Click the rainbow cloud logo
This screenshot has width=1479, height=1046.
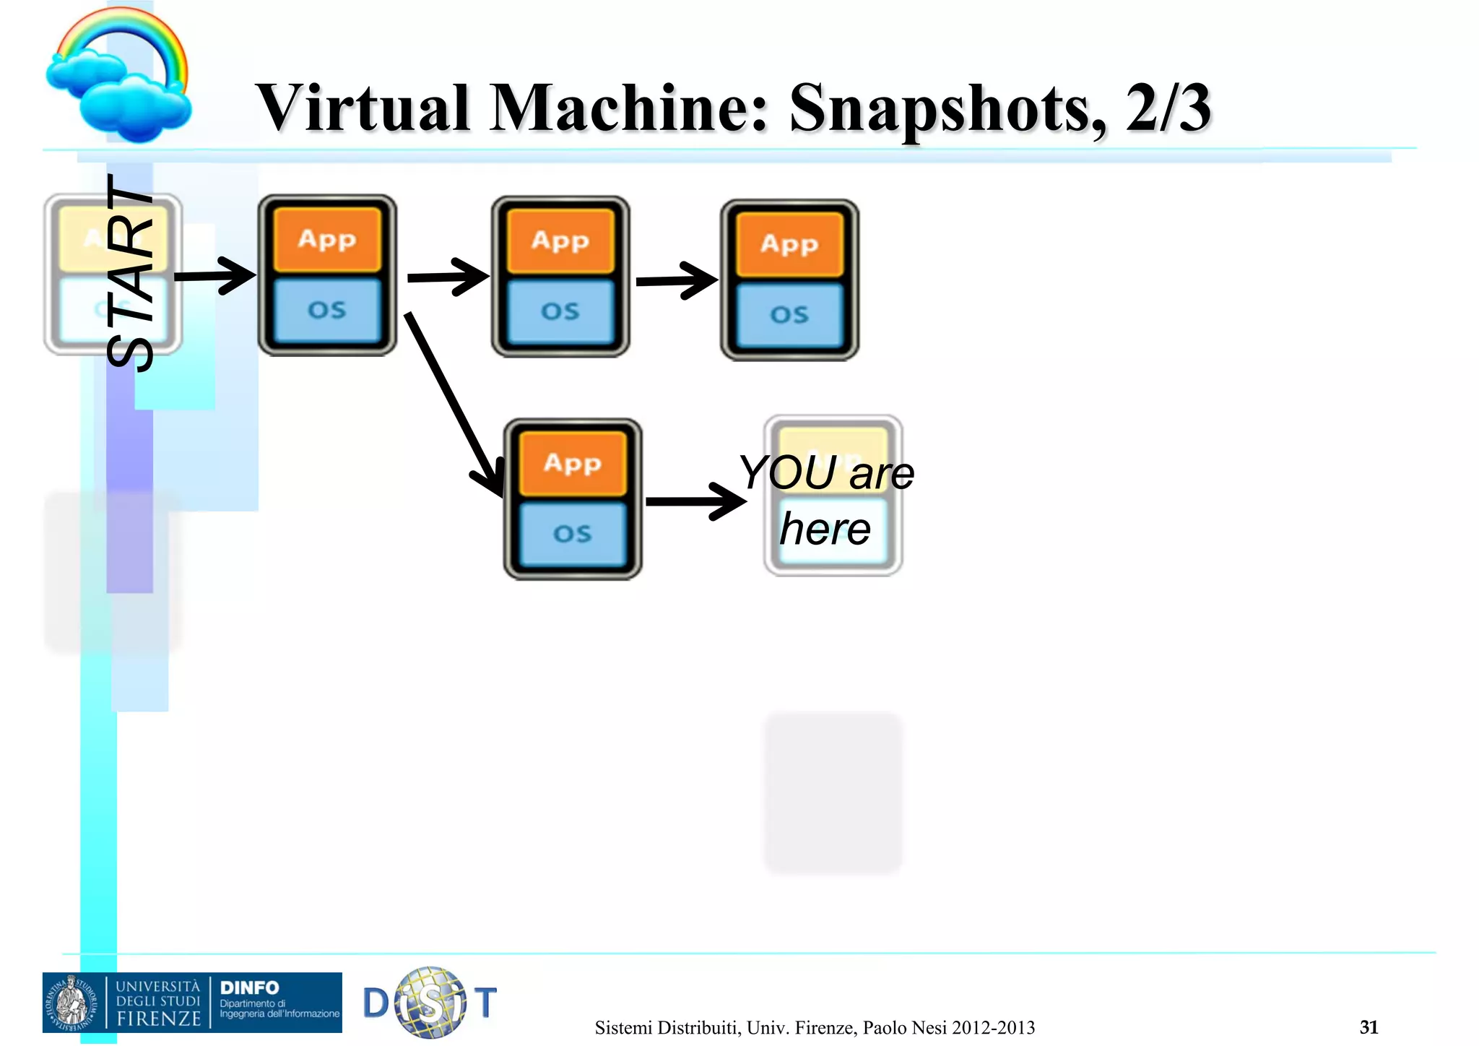(120, 76)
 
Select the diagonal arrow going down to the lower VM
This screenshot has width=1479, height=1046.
(452, 405)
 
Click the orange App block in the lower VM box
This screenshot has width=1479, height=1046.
(573, 463)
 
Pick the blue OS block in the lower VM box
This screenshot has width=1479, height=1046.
(573, 534)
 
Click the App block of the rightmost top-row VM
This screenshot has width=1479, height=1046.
(789, 244)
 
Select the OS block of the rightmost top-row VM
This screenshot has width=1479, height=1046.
(789, 315)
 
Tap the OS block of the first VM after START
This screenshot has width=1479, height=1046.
(327, 310)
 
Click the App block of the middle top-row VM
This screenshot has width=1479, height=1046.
(560, 241)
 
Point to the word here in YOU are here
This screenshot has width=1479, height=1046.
(825, 530)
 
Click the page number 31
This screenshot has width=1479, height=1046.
(1369, 1026)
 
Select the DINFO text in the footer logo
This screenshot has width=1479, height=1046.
(249, 987)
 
